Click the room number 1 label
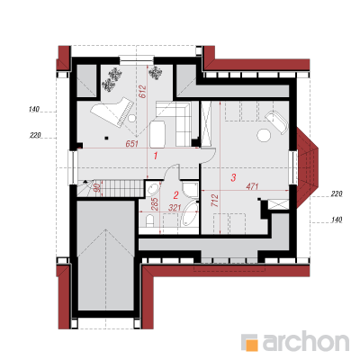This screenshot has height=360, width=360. [x=156, y=156]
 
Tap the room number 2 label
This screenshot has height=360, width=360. [x=176, y=195]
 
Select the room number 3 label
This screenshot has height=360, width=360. [x=233, y=177]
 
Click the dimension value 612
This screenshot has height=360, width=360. [x=143, y=92]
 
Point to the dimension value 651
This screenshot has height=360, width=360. [x=131, y=144]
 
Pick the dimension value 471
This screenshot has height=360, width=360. [x=252, y=186]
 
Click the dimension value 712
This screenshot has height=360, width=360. [x=215, y=201]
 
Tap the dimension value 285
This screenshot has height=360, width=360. [x=155, y=205]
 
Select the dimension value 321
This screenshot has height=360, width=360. [x=175, y=208]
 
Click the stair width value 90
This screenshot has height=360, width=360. [x=96, y=188]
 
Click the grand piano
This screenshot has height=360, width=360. [x=112, y=112]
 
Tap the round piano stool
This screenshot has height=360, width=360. [x=131, y=119]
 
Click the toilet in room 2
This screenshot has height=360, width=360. [x=149, y=220]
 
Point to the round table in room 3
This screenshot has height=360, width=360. [x=265, y=135]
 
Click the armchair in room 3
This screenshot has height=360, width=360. [x=277, y=121]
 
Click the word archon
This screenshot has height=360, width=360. [x=306, y=341]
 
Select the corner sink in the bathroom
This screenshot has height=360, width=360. [x=153, y=188]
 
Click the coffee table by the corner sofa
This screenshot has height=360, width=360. [x=157, y=134]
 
